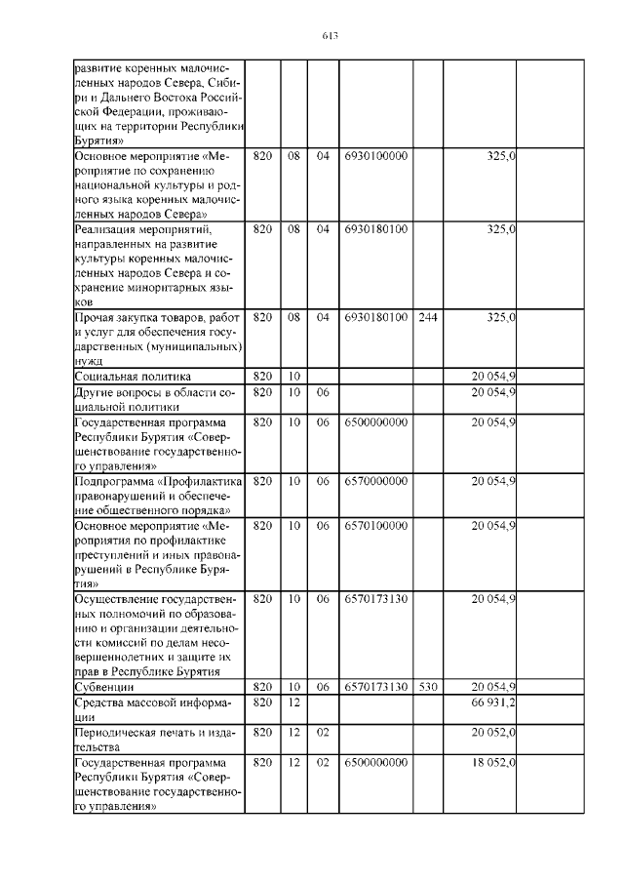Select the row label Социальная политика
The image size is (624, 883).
(x=133, y=376)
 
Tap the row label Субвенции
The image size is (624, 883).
(x=103, y=687)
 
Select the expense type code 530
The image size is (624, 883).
(x=427, y=687)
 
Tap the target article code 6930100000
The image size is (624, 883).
(x=375, y=155)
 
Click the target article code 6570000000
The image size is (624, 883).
(x=375, y=481)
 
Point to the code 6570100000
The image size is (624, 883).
(x=375, y=526)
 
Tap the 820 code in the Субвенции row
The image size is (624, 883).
(x=262, y=687)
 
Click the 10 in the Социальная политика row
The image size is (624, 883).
(x=293, y=376)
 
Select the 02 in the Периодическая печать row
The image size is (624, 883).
(x=324, y=732)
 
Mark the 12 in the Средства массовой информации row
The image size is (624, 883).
(x=293, y=702)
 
